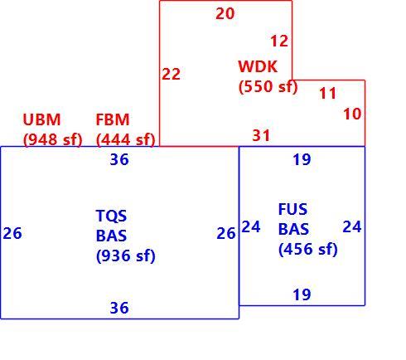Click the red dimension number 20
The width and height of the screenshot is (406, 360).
tap(225, 13)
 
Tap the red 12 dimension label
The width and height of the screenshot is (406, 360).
tap(279, 41)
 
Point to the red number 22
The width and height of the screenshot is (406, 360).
tap(172, 74)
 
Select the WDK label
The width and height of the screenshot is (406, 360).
tap(258, 66)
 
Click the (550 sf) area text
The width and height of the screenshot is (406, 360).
tap(268, 86)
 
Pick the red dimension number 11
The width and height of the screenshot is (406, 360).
tap(328, 93)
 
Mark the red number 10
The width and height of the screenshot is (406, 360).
tap(352, 114)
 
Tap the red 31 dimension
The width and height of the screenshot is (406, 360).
tap(261, 135)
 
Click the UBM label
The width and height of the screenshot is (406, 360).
tap(41, 119)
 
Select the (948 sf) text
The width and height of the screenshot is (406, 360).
tap(53, 139)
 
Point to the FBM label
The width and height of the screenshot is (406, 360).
tap(113, 119)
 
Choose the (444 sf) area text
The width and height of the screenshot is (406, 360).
tap(126, 139)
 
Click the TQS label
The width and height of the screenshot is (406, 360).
tap(111, 216)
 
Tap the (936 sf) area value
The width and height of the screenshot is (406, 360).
tap(126, 255)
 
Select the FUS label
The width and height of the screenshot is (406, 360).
tap(292, 209)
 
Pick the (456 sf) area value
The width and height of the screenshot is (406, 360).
tap(308, 249)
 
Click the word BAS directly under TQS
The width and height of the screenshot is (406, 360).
tap(111, 236)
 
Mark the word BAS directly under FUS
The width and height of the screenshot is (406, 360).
tap(293, 229)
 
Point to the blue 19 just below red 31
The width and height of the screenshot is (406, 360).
tap(302, 159)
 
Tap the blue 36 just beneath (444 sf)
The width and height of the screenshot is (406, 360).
tap(119, 159)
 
